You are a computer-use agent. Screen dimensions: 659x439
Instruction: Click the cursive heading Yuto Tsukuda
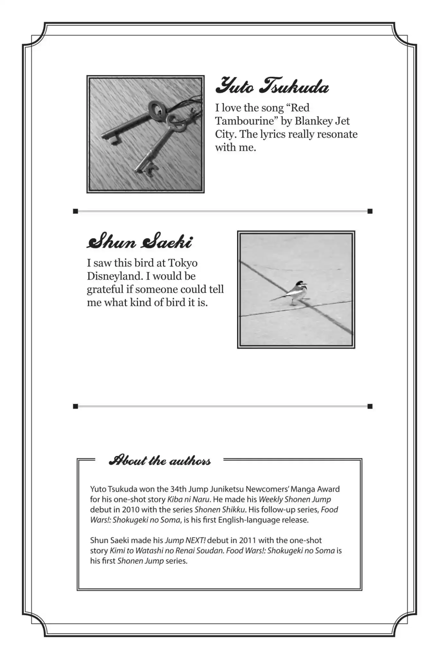[x=272, y=86]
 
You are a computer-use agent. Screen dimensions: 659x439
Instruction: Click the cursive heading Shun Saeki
[x=140, y=242]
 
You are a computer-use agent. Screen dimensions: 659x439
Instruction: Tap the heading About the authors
[x=160, y=461]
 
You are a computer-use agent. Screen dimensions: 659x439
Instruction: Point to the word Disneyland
[x=114, y=276]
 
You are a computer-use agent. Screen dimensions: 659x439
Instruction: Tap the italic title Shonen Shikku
[x=220, y=510]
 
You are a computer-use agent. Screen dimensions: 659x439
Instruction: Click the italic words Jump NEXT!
[x=185, y=540]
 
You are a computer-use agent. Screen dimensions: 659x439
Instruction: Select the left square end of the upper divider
[x=76, y=211]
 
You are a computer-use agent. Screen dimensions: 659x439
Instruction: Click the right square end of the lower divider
[x=370, y=406]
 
